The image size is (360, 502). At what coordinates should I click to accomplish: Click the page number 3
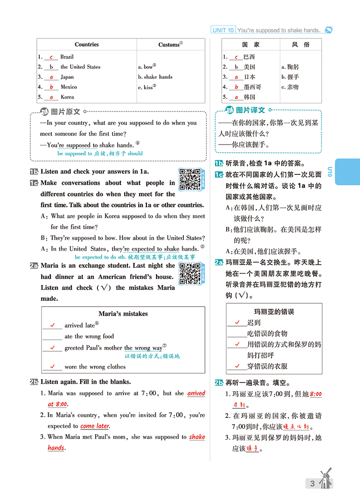(x=312, y=484)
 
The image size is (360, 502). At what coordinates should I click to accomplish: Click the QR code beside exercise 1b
(x=190, y=179)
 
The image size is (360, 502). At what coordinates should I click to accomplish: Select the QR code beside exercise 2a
(x=190, y=273)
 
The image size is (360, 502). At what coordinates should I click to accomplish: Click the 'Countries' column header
(x=87, y=44)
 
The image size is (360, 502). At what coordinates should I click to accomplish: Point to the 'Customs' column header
(x=170, y=45)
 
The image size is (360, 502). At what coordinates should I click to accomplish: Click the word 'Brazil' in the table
(x=67, y=57)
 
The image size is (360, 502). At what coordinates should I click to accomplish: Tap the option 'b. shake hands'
(x=155, y=77)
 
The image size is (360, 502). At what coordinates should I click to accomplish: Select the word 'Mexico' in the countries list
(x=69, y=87)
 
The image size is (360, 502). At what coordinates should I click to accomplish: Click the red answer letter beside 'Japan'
(x=51, y=77)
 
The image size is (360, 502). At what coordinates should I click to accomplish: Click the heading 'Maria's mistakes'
(x=123, y=314)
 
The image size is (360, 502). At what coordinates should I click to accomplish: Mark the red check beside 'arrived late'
(x=52, y=325)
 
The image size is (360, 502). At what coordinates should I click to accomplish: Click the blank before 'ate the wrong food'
(x=52, y=336)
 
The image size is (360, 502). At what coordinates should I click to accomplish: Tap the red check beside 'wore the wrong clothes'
(x=52, y=367)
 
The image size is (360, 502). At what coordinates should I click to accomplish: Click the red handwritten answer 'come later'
(x=95, y=426)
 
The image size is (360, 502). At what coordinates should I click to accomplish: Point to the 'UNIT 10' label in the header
(x=223, y=30)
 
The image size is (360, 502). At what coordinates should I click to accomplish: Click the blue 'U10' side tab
(x=347, y=171)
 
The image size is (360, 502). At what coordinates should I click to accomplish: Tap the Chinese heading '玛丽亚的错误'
(x=274, y=312)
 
